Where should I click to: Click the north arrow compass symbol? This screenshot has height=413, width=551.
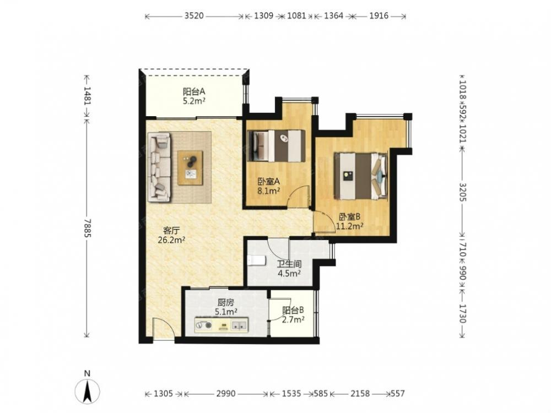tap(87, 390)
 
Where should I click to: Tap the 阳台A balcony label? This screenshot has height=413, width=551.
tap(194, 92)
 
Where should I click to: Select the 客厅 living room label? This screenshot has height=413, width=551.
tap(171, 231)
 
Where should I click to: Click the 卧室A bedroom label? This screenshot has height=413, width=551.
tap(268, 182)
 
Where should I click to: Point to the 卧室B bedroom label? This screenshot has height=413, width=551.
tap(350, 216)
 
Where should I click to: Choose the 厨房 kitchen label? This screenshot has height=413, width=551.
tap(225, 302)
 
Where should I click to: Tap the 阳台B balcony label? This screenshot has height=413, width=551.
tap(293, 311)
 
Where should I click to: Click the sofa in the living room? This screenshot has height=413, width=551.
tap(160, 167)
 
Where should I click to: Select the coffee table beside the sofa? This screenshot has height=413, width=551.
tap(190, 168)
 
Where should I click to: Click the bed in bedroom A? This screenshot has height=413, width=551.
tap(276, 146)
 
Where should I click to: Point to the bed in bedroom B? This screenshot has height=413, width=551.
tap(360, 176)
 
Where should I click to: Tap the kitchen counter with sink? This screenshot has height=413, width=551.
tap(222, 325)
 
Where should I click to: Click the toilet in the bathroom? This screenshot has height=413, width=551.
tap(257, 260)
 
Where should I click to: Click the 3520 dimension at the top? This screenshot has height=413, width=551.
tap(194, 16)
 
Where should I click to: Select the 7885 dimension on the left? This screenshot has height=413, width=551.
tap(87, 228)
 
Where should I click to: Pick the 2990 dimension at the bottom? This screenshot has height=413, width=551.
tap(225, 394)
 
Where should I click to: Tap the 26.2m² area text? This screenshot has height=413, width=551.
tap(171, 240)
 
